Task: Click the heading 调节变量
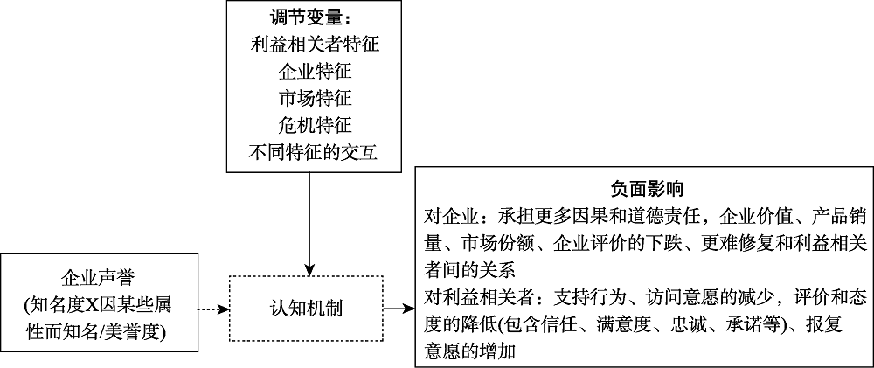pos(312,17)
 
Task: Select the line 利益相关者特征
pos(313,42)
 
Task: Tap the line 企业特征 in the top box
pos(313,70)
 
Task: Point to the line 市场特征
pos(313,98)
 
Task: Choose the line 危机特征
pos(313,126)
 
